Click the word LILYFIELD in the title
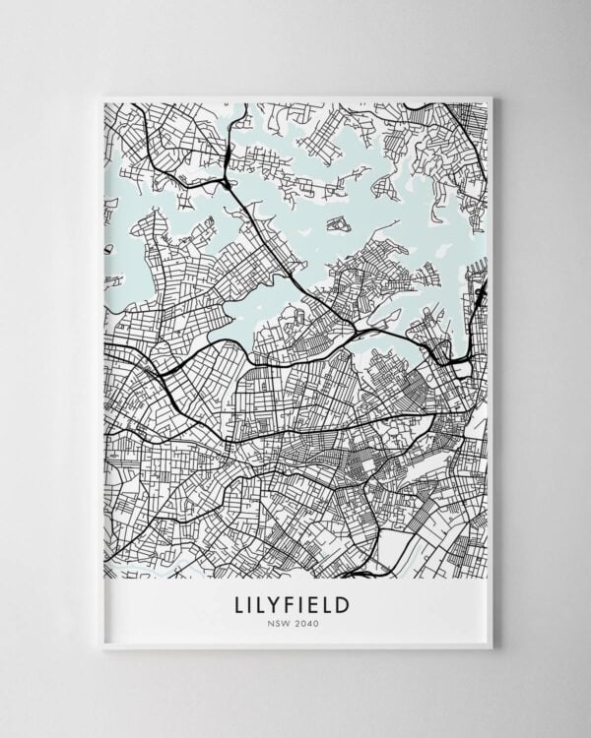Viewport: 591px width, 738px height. tap(295, 599)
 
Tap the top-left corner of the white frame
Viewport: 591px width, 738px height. tap(101, 95)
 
